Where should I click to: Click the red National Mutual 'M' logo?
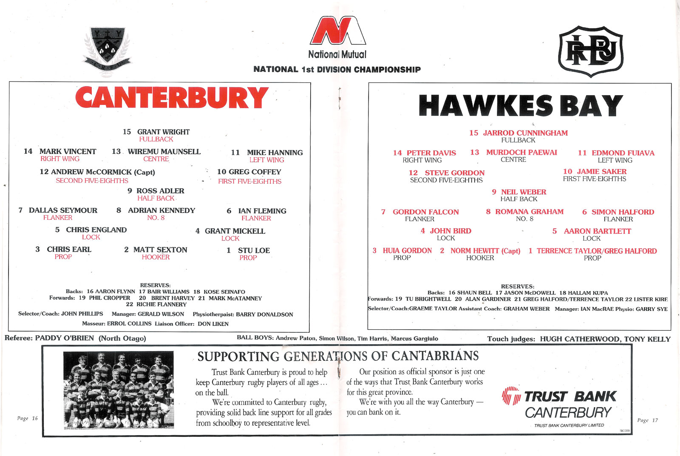coord(337,30)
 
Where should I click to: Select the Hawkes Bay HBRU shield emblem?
coord(590,51)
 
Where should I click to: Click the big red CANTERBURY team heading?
coord(172,97)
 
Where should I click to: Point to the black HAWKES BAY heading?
coord(520,105)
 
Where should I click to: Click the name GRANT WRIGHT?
coord(163,132)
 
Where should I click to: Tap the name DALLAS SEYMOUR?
coord(63,210)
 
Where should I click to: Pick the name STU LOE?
coord(254,250)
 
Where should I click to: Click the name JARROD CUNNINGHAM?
coord(525,133)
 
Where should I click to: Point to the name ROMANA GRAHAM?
coord(530,211)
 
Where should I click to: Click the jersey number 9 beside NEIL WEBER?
coord(494,192)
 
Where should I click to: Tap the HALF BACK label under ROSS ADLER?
coord(156,198)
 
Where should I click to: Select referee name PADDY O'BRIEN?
coord(64,338)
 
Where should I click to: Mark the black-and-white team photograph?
coord(119,390)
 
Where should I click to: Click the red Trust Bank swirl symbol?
coord(511,396)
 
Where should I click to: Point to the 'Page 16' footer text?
coord(27,418)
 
